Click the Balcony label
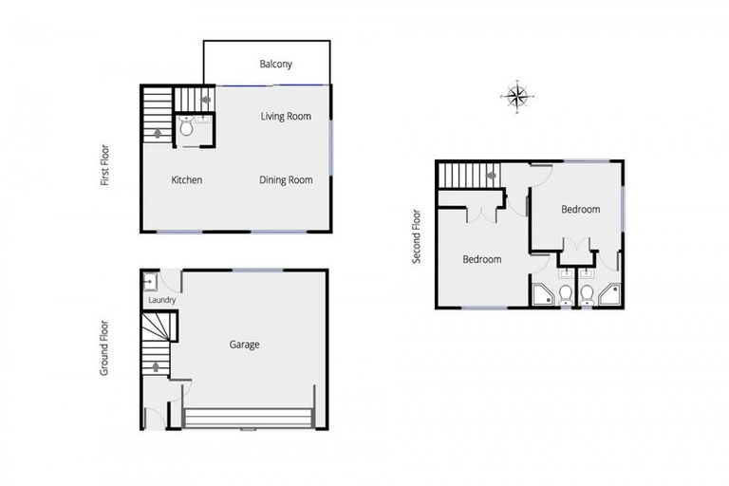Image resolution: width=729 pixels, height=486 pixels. pyautogui.click(x=276, y=65)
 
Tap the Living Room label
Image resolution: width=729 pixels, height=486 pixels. pyautogui.click(x=286, y=117)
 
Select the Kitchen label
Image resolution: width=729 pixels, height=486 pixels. pyautogui.click(x=186, y=179)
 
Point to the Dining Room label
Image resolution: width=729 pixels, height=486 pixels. pyautogui.click(x=286, y=179)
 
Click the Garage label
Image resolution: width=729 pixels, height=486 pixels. pyautogui.click(x=244, y=345)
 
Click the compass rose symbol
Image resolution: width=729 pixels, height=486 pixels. pyautogui.click(x=516, y=95)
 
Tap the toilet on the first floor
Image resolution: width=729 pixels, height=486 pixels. pyautogui.click(x=186, y=126)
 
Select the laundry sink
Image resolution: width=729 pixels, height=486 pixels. pyautogui.click(x=150, y=282)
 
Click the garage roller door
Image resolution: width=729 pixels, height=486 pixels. pyautogui.click(x=249, y=419)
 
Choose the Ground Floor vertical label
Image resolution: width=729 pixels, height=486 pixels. pyautogui.click(x=106, y=346)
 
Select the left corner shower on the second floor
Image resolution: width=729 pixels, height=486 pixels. pyautogui.click(x=543, y=295)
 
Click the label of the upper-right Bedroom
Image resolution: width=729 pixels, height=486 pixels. pyautogui.click(x=580, y=209)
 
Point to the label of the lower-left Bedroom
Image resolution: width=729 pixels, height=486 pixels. pyautogui.click(x=482, y=258)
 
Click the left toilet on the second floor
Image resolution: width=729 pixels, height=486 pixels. pyautogui.click(x=566, y=295)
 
